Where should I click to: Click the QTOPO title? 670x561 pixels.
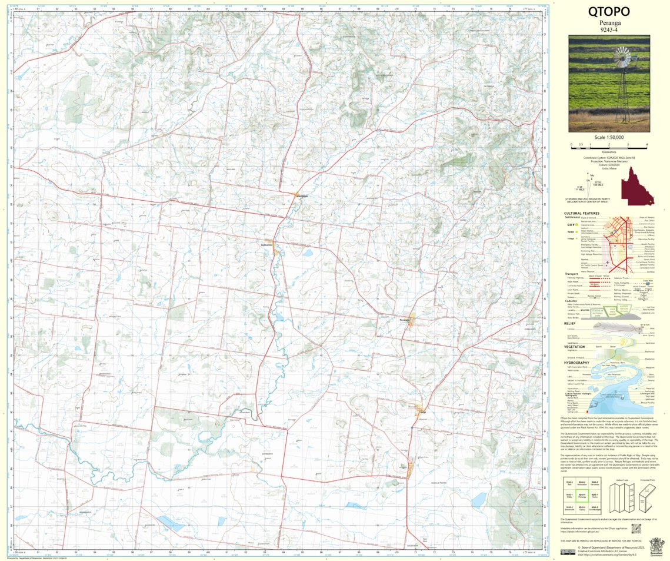coord(609,12)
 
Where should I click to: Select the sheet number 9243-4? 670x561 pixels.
coord(609,30)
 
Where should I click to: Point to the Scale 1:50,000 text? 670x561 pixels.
coord(609,137)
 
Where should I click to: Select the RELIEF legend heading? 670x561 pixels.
coord(569,323)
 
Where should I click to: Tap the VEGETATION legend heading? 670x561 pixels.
coord(574,347)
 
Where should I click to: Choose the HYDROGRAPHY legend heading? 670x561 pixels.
coord(576,363)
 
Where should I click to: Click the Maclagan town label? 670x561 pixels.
coord(302,196)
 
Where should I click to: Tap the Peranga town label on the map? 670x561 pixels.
coord(404,320)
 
